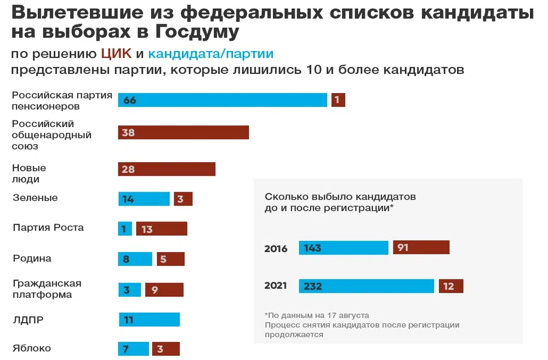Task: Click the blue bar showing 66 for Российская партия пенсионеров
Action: tap(222, 100)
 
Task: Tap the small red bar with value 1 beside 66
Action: tap(338, 100)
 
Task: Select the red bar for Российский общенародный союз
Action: tap(184, 133)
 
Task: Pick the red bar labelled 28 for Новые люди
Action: tap(167, 169)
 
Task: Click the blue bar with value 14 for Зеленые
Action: tap(144, 199)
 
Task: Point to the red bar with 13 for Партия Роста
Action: tap(162, 229)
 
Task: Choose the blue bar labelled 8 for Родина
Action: tap(135, 259)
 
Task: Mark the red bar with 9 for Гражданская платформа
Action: tap(164, 290)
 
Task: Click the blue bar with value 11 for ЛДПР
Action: tap(149, 319)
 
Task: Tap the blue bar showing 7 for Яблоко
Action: tap(134, 349)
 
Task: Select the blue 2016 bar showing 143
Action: tap(344, 248)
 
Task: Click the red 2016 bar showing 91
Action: tap(421, 248)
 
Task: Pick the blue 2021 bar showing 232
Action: tap(367, 286)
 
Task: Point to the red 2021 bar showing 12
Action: tap(451, 286)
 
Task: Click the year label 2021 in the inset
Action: tap(276, 286)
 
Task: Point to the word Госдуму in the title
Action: tap(197, 32)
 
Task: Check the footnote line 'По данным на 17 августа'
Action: tap(317, 316)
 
